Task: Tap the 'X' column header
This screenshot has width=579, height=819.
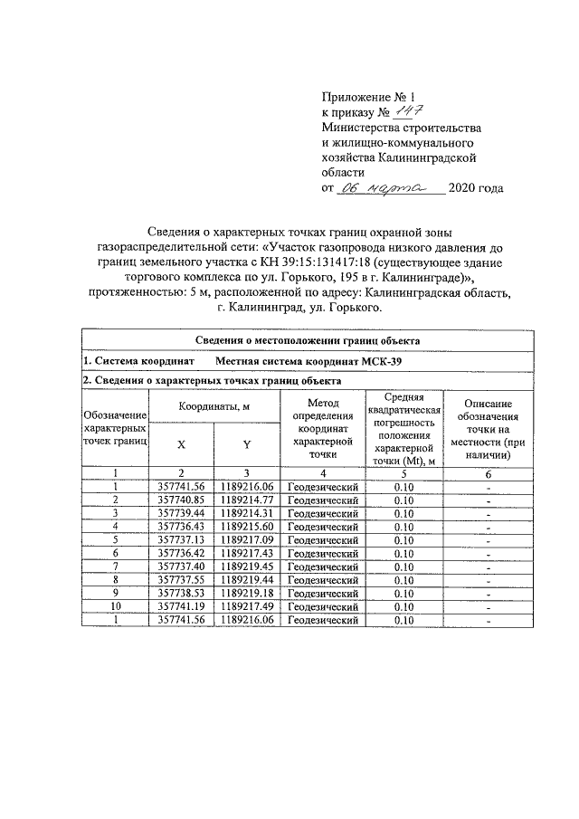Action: tap(181, 444)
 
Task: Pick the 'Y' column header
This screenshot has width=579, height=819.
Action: tap(246, 444)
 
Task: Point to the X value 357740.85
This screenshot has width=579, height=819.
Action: tap(181, 500)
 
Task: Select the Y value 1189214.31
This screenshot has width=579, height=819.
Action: tap(246, 512)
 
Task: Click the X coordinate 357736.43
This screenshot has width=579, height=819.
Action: tap(181, 526)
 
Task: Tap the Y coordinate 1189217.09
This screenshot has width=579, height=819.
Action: tap(246, 539)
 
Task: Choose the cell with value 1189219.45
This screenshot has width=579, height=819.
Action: tap(246, 567)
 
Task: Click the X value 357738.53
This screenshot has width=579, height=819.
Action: tap(181, 594)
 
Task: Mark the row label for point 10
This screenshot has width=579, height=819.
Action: tap(116, 607)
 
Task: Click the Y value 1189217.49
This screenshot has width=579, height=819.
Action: tap(246, 607)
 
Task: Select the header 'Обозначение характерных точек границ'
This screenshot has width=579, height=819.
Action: tap(116, 426)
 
